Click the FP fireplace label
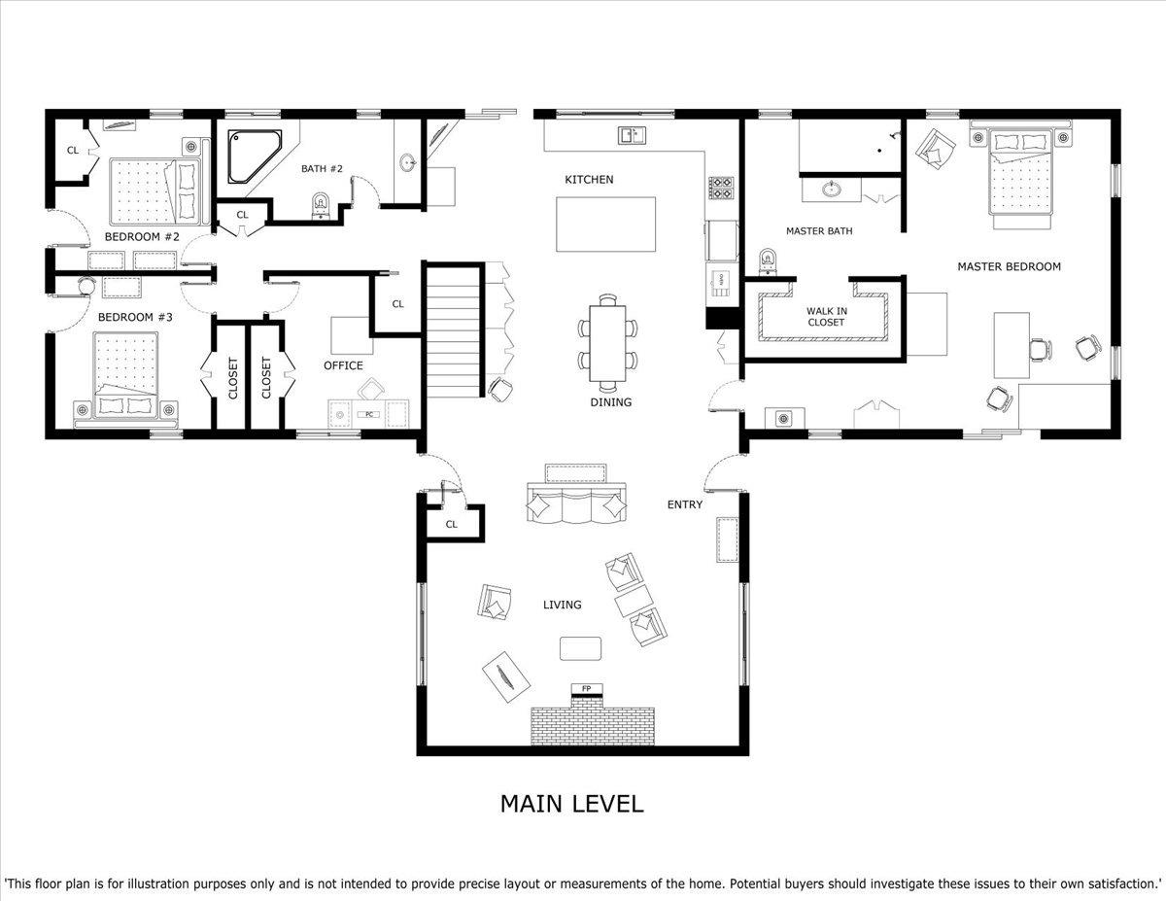pos(587,688)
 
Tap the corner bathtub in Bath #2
pos(255,156)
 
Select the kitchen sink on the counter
pos(632,135)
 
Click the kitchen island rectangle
pos(605,225)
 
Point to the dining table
pos(608,343)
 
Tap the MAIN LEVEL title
pos(571,804)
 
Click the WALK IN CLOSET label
pos(826,317)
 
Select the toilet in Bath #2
pos(321,205)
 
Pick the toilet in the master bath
pos(768,261)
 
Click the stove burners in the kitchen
pos(721,188)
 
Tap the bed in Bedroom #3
pos(126,374)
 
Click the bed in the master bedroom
pos(1019,173)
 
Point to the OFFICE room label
pos(343,365)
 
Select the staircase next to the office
pos(453,330)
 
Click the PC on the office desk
pos(368,414)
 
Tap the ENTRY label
pos(685,504)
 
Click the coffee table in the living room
pos(580,648)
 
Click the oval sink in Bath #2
pos(408,161)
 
